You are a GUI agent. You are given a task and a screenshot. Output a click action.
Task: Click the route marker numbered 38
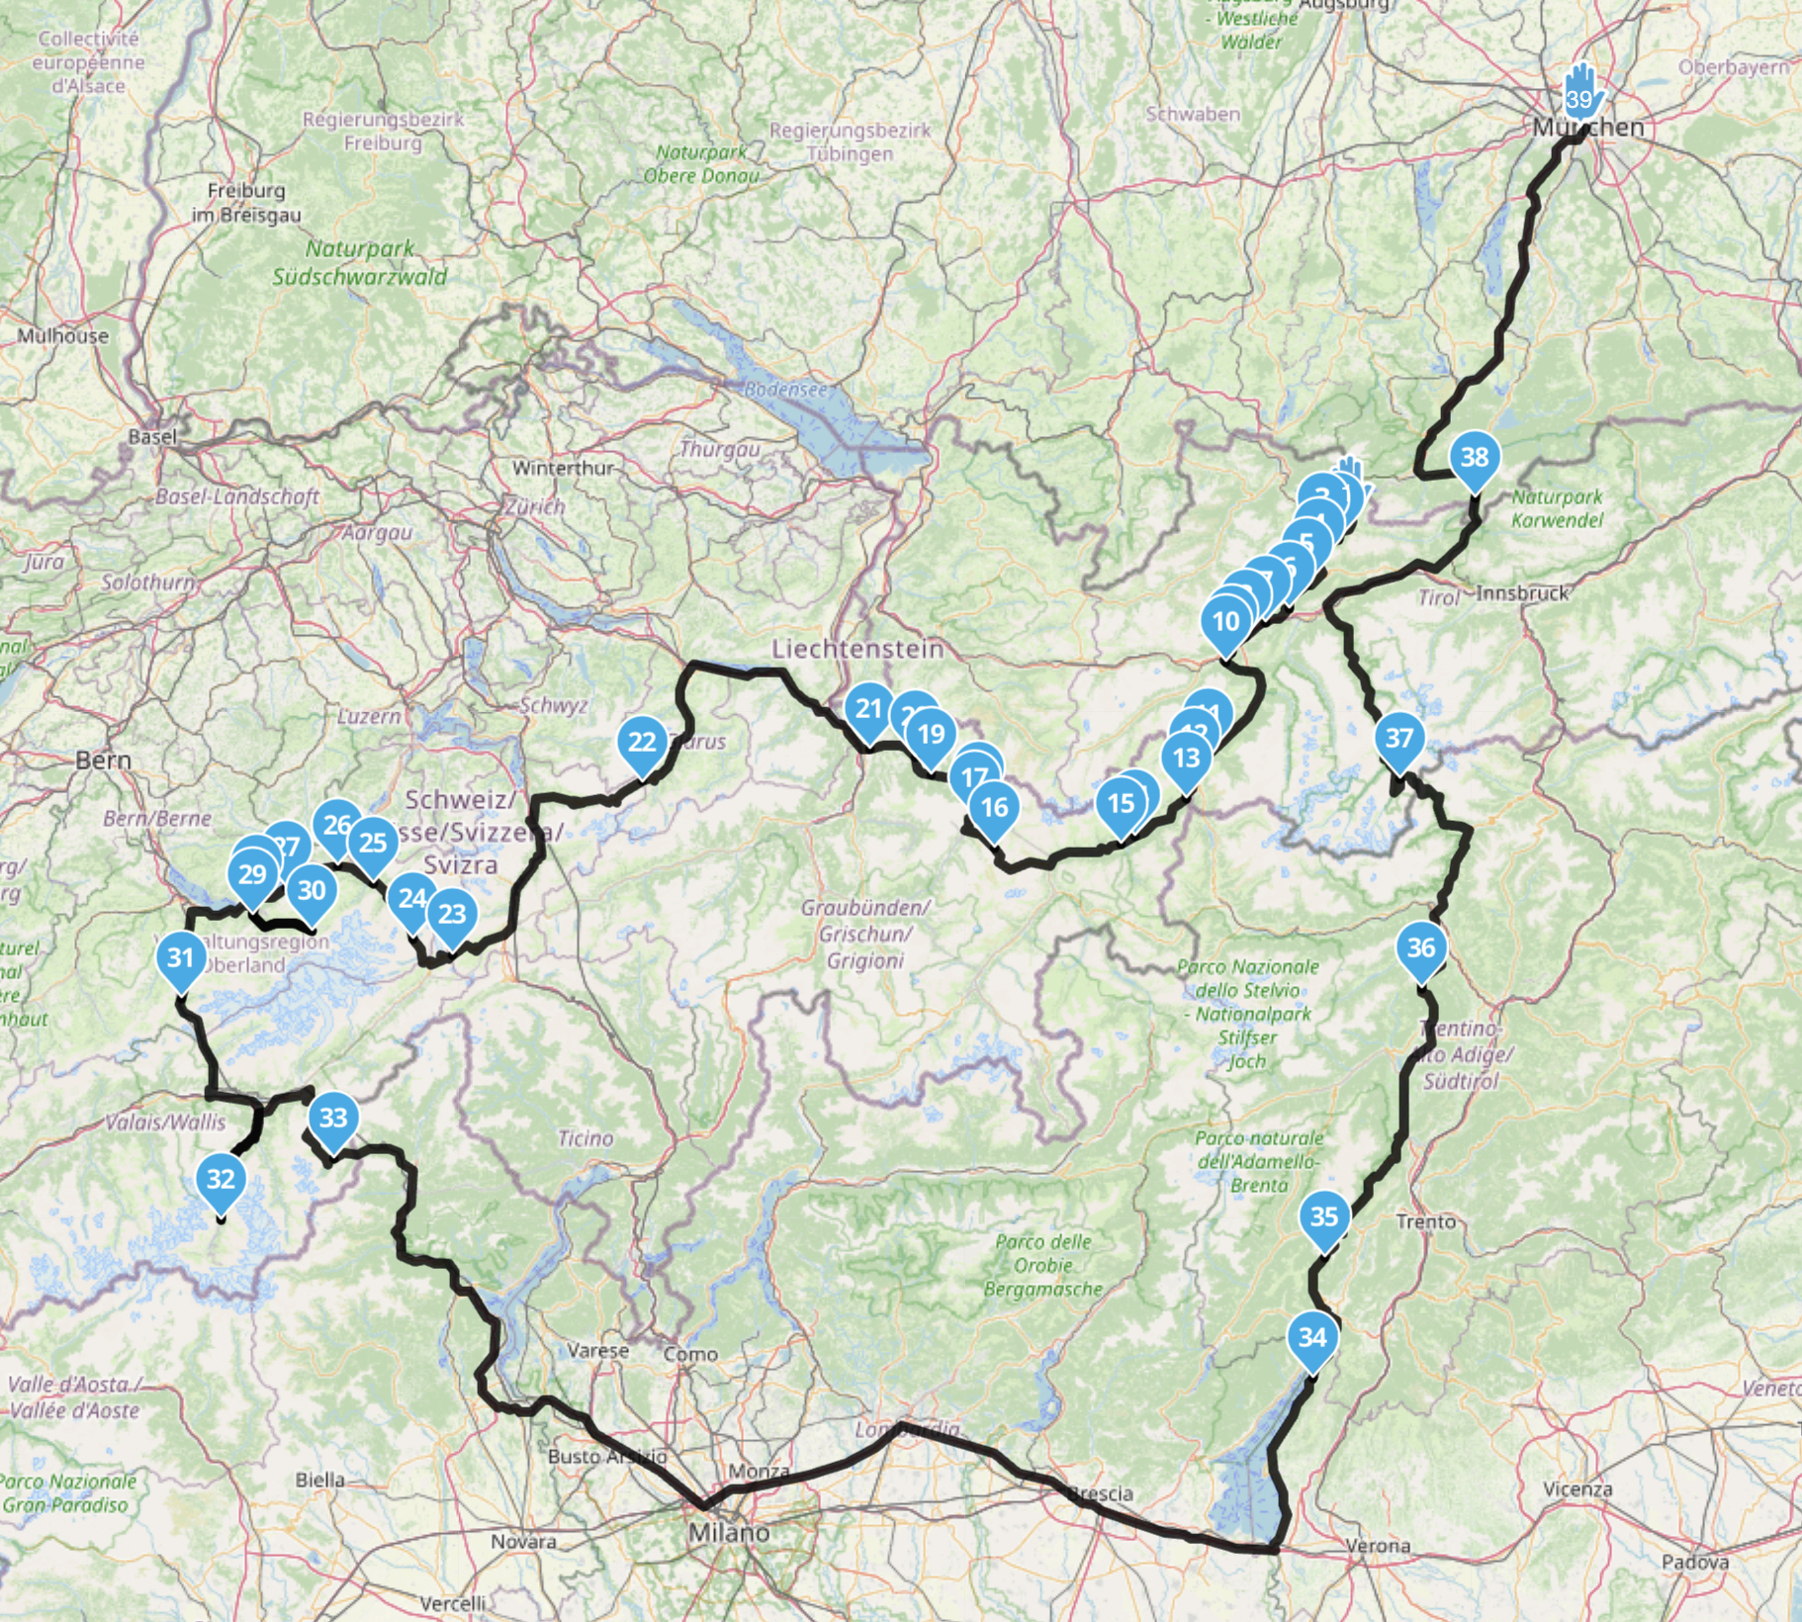(x=1475, y=458)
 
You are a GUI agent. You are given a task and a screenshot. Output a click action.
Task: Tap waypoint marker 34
(x=1312, y=1338)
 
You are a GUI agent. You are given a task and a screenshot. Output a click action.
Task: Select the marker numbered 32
(x=221, y=1180)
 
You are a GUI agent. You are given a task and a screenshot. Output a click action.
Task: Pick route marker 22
(x=642, y=742)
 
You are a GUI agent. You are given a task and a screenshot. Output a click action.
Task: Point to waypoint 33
(x=333, y=1119)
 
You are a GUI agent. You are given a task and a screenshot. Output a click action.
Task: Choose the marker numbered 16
(x=994, y=808)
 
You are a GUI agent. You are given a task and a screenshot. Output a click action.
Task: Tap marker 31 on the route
(x=180, y=958)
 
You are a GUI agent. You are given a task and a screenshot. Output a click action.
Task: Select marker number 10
(x=1226, y=622)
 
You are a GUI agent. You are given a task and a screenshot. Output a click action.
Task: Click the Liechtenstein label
(x=857, y=649)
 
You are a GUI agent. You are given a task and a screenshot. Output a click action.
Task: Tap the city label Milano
(x=728, y=1533)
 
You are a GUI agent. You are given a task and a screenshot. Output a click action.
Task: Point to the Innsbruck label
(x=1522, y=593)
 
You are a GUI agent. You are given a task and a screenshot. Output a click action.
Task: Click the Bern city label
(x=103, y=761)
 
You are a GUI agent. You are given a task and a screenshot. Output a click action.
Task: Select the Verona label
(x=1378, y=1546)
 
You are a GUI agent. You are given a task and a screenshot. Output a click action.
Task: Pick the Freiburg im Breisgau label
(x=246, y=202)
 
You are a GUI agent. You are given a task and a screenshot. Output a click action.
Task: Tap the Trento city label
(x=1425, y=1222)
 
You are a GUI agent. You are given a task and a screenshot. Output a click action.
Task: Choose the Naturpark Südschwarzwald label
(x=360, y=263)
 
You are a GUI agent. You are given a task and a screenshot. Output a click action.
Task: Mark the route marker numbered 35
(x=1324, y=1217)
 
